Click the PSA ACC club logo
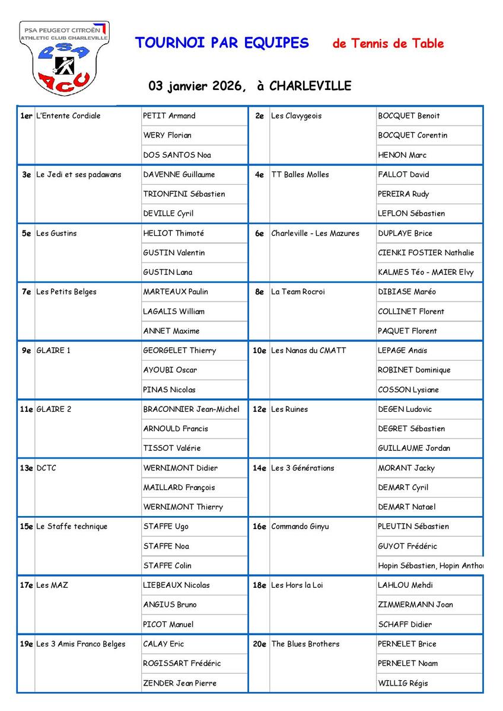[64, 57]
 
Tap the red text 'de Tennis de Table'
[388, 43]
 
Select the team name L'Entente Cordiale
[69, 116]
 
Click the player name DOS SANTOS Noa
[177, 155]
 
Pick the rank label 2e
[259, 116]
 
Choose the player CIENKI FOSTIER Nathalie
[426, 252]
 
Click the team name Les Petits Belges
[66, 292]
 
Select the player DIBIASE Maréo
[407, 292]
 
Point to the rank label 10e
[259, 350]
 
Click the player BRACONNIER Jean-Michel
[191, 409]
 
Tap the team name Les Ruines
[289, 409]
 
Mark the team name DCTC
[46, 467]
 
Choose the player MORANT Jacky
[406, 467]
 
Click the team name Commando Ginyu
[300, 526]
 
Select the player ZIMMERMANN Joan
[415, 604]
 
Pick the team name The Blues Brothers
[305, 643]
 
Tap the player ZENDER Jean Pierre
[180, 683]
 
